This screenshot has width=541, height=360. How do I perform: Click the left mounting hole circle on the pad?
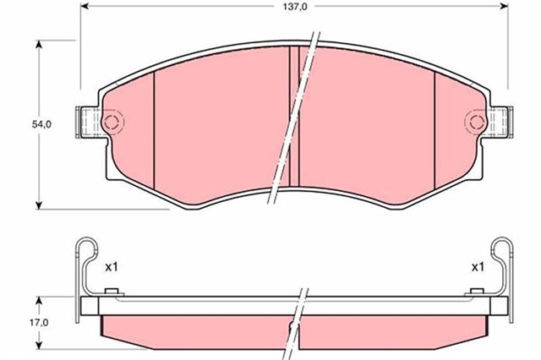click(110, 123)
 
